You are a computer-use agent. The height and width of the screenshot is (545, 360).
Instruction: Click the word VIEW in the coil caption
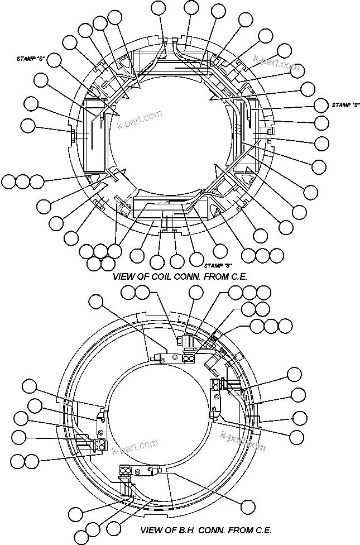pyautogui.click(x=123, y=276)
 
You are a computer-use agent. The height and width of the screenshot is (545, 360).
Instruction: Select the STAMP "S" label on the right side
pyautogui.click(x=344, y=104)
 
